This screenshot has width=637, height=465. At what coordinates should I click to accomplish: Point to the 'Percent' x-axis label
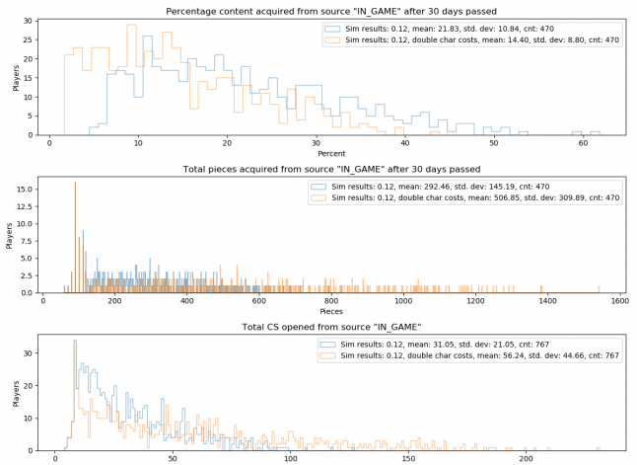332,155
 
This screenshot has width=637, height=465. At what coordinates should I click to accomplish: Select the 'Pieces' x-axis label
332,312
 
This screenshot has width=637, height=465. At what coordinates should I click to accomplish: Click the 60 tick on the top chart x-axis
583,142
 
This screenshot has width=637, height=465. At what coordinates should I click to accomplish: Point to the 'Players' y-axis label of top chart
14,78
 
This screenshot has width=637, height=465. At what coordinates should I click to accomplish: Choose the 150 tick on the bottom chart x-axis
406,457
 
